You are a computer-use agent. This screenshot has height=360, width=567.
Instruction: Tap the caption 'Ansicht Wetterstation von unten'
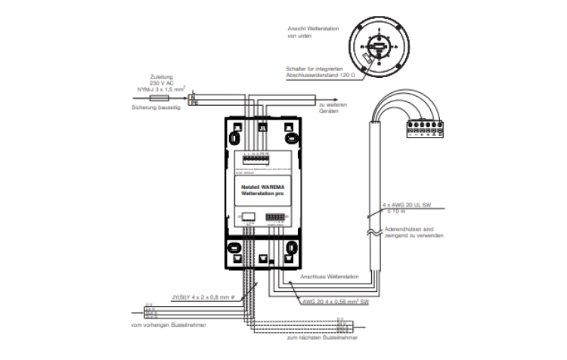(x=313, y=32)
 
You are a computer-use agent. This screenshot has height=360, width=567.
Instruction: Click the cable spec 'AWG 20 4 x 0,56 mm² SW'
(x=333, y=302)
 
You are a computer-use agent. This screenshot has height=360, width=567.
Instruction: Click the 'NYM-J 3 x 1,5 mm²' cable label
(x=161, y=89)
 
